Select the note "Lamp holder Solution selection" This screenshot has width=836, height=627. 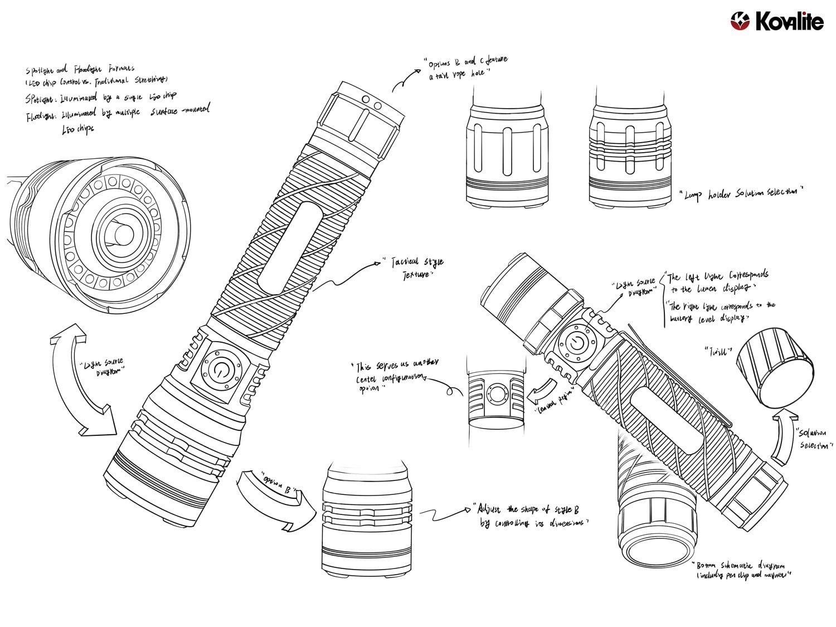pyautogui.click(x=742, y=193)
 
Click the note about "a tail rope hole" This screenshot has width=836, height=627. pyautogui.click(x=465, y=67)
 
